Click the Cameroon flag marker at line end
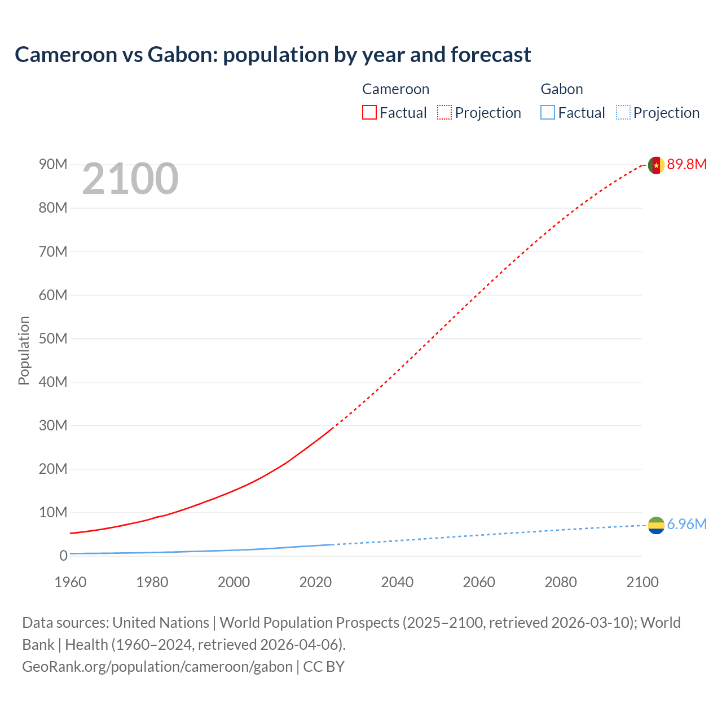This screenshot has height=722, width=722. [655, 165]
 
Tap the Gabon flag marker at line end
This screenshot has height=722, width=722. [656, 525]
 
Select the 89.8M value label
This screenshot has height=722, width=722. [686, 164]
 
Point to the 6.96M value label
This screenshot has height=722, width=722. [686, 524]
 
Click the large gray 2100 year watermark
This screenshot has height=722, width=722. [130, 179]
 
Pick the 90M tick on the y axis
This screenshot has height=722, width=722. [53, 164]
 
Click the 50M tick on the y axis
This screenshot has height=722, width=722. [53, 338]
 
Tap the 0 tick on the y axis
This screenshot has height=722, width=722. [63, 556]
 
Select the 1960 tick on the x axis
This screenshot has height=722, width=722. [71, 582]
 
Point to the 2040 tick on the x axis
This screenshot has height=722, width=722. [397, 582]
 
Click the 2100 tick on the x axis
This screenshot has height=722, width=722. [642, 582]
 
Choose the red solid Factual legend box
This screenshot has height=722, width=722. [369, 112]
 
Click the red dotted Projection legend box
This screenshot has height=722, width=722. [444, 112]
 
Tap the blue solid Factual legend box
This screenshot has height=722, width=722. [548, 112]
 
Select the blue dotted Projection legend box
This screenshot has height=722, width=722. [623, 112]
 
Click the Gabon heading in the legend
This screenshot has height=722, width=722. [562, 89]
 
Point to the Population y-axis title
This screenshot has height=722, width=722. [24, 350]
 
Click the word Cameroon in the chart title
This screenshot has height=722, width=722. [65, 55]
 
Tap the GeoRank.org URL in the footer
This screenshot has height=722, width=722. [157, 666]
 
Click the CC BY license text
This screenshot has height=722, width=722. [324, 666]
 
